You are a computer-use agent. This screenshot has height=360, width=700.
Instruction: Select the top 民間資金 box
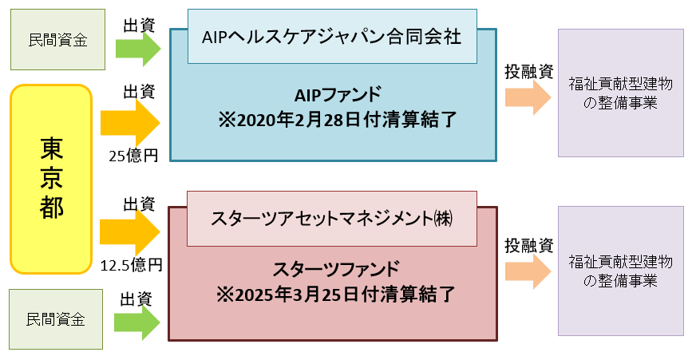[57, 40]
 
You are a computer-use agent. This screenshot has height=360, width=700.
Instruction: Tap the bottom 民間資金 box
[55, 319]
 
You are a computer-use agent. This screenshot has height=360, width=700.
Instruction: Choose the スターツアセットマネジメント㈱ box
[331, 218]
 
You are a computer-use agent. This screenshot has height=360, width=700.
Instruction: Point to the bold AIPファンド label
[332, 95]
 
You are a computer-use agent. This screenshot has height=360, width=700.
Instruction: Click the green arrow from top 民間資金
[137, 49]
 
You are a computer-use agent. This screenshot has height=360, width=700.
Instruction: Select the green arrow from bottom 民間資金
[136, 322]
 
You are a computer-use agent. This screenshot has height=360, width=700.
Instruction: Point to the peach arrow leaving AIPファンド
[528, 98]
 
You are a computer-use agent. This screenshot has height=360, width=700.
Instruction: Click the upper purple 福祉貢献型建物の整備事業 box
[621, 93]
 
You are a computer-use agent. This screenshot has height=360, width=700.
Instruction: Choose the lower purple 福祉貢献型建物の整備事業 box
[621, 271]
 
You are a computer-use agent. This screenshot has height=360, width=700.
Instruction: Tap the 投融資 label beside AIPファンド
[528, 71]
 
